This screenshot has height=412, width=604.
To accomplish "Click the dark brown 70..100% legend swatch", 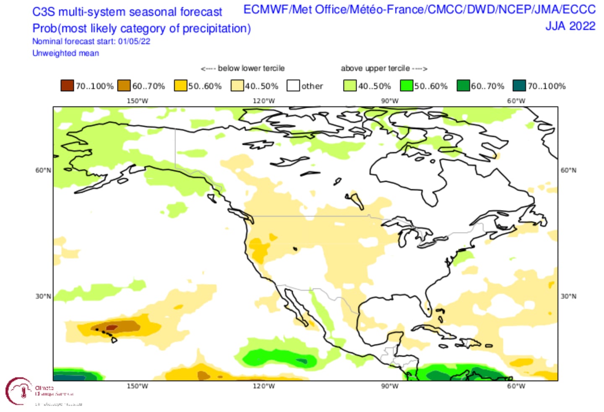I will [x=67, y=86].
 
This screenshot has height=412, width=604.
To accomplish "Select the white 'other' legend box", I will [x=293, y=86].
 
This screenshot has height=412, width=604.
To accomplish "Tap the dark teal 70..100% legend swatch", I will [x=519, y=86].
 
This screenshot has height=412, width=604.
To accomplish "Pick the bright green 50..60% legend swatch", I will [x=406, y=86].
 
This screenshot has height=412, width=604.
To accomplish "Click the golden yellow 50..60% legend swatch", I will [x=180, y=86].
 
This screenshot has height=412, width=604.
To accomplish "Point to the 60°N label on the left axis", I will [x=43, y=170].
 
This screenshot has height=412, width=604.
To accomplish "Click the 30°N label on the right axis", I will [x=568, y=296].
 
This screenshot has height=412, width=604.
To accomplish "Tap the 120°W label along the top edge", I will [x=264, y=101].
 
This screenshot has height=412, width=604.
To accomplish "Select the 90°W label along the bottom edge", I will [x=390, y=386].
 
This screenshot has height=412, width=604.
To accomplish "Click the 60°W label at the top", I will [x=516, y=101].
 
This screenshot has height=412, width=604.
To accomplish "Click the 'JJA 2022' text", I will [x=570, y=26].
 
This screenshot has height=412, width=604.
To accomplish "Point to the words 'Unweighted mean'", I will [x=66, y=53].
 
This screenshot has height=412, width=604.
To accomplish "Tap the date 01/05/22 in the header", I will [x=134, y=41].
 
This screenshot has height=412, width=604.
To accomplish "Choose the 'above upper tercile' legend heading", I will [x=375, y=68].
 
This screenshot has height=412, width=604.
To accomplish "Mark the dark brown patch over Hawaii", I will [x=112, y=327].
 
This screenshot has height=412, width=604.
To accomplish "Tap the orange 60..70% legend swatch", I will [x=124, y=86].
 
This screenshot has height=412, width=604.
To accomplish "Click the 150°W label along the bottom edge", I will [x=138, y=386].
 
